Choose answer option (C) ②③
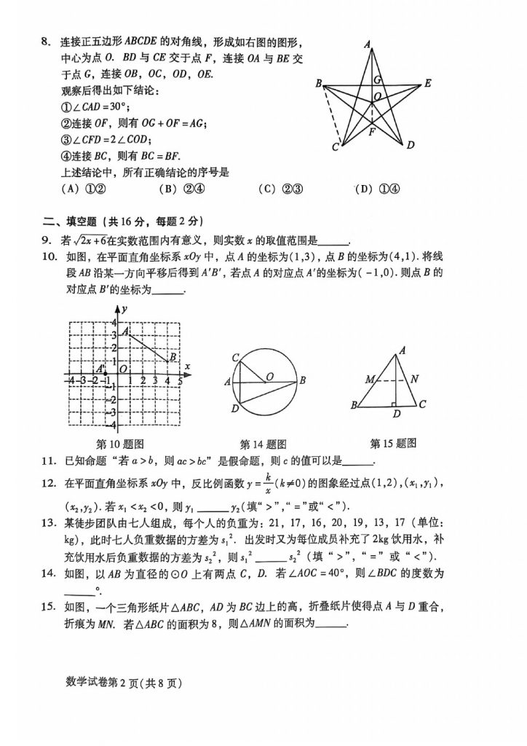click(280, 189)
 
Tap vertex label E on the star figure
click(428, 84)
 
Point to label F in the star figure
click(372, 133)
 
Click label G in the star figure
click(377, 79)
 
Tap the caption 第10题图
click(120, 444)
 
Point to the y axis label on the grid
click(124, 309)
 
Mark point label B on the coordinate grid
click(173, 357)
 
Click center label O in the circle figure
click(269, 377)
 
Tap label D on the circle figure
click(235, 409)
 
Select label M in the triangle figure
click(370, 380)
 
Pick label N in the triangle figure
click(413, 379)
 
